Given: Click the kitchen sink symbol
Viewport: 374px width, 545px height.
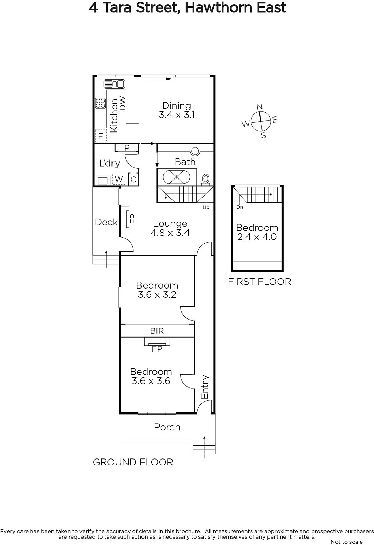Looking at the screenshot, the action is tap(115, 84).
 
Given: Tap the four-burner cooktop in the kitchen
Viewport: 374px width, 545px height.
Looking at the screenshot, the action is tap(100, 103).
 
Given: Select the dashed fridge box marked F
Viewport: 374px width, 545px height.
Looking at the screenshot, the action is tap(101, 136).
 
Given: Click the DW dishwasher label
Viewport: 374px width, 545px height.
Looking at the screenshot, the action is tap(123, 104).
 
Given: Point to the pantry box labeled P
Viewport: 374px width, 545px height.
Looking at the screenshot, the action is tap(127, 148).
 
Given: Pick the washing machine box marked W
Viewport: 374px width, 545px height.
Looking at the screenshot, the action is tap(119, 179).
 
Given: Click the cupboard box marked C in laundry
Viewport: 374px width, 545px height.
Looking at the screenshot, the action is tap(133, 180).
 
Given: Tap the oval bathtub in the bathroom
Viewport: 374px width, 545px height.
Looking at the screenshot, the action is tap(176, 177).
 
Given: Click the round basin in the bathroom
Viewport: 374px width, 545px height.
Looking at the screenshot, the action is tap(195, 151).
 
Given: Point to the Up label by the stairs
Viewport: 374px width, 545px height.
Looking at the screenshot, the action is tap(206, 207).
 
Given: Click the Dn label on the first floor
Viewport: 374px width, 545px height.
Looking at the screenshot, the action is tap(240, 207).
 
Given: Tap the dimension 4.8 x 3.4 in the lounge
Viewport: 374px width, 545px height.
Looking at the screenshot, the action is tap(170, 233).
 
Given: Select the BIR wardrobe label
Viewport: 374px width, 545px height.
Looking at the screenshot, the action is tap(157, 331).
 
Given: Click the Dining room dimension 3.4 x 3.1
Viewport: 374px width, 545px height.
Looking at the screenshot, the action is tap(177, 115).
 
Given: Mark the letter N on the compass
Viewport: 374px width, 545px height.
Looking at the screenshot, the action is tap(260, 107).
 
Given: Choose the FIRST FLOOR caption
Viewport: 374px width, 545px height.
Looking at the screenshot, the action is tap(259, 282).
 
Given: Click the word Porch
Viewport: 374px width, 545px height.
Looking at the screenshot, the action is tap(167, 427).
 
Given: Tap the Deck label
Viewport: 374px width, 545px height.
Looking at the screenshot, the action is tap(106, 222).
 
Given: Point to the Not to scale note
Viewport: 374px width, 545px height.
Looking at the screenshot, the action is tap(346, 542).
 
